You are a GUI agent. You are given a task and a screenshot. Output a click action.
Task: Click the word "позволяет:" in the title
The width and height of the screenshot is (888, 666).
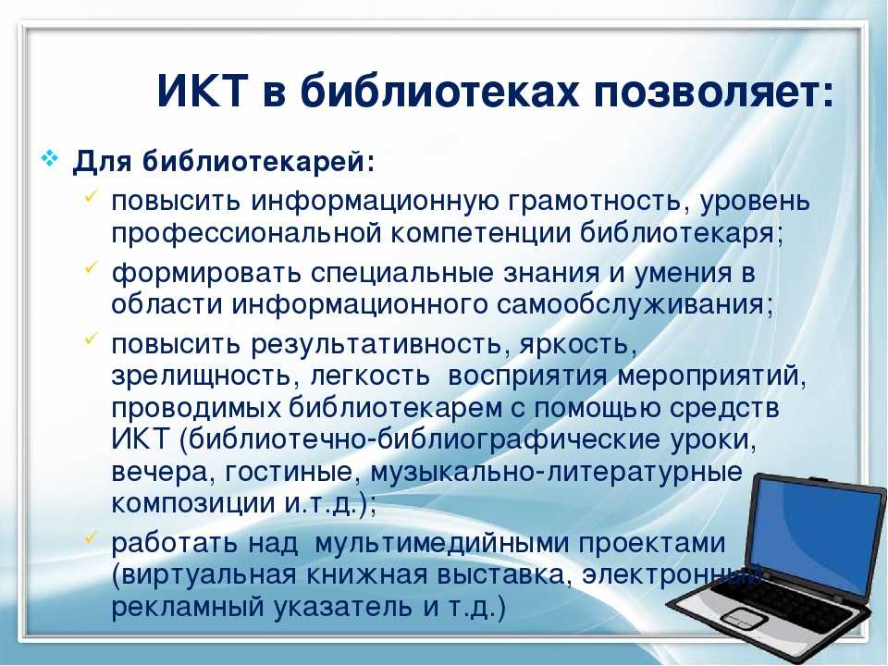(x=713, y=92)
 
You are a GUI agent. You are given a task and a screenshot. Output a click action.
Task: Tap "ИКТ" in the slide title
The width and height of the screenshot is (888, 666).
(x=203, y=91)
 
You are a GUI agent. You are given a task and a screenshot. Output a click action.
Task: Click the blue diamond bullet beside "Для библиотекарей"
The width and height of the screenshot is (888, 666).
(x=50, y=158)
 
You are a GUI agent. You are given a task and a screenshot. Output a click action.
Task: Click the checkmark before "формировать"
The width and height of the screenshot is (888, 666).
(x=92, y=267)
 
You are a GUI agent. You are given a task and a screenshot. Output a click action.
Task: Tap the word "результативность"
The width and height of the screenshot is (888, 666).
(x=376, y=344)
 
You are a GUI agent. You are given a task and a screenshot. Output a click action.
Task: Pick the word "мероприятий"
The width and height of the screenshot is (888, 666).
(x=711, y=376)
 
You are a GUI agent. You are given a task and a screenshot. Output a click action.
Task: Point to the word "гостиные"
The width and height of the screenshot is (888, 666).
(x=290, y=472)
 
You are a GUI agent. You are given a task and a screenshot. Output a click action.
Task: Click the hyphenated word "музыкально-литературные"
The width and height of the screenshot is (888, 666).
(x=556, y=472)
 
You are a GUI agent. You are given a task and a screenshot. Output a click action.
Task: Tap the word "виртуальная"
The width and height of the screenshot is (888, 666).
(x=209, y=575)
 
